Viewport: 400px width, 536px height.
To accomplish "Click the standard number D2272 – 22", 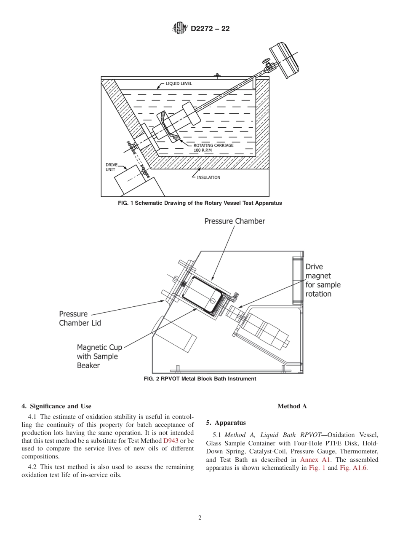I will click(x=210, y=29).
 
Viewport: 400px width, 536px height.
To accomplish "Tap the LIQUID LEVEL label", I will click(x=179, y=83).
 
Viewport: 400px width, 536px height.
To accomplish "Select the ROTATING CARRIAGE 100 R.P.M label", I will click(x=213, y=147).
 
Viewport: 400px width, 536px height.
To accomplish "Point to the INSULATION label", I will click(x=208, y=177).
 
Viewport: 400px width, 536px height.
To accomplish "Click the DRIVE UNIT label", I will click(x=112, y=167).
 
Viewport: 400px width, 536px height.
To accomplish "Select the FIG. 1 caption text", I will click(x=200, y=203).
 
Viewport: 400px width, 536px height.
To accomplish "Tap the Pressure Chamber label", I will click(x=235, y=221).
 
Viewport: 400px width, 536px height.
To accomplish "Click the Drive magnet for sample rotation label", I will click(x=323, y=280).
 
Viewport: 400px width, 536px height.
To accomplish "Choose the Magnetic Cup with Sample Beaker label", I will click(x=99, y=356).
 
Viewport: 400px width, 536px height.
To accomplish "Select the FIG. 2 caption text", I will click(x=200, y=379).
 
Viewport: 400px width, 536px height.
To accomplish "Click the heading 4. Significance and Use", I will click(x=56, y=406).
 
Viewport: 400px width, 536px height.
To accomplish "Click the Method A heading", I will click(x=292, y=406).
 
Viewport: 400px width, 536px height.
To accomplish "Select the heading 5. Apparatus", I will click(x=226, y=423).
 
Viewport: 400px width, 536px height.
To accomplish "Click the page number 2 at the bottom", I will click(x=200, y=518).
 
